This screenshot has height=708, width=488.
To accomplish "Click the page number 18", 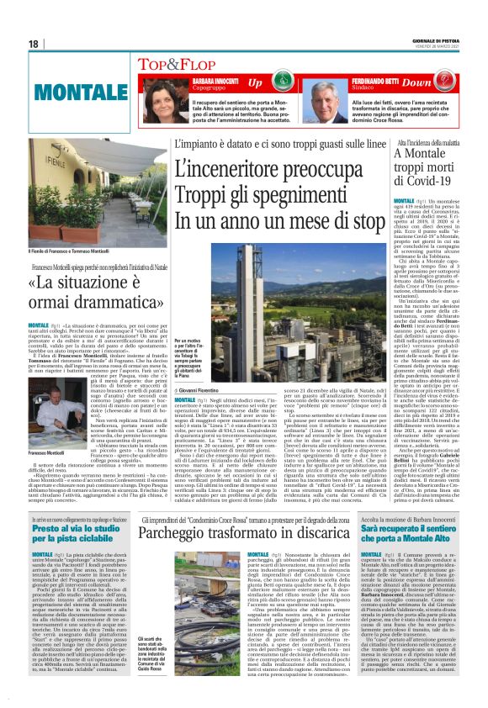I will (x=34, y=44).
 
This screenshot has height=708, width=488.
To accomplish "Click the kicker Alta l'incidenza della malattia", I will (x=428, y=145).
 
